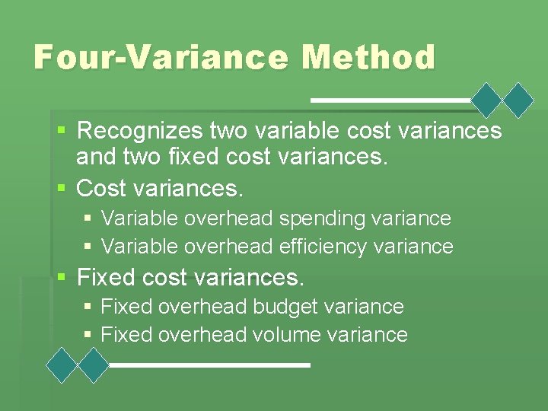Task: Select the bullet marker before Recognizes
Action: (x=64, y=132)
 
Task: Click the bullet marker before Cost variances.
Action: (x=64, y=187)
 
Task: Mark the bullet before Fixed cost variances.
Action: (x=64, y=278)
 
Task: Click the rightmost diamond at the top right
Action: (x=519, y=100)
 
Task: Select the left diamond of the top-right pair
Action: (x=487, y=100)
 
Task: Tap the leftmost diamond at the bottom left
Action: (x=62, y=365)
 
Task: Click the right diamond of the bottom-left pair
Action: (x=94, y=365)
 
